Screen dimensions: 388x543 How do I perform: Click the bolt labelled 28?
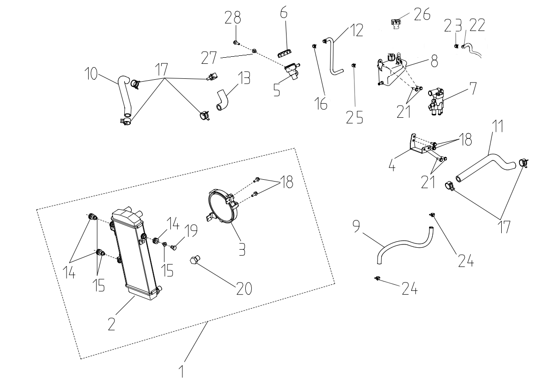[235, 43]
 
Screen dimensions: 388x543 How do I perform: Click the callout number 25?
[355, 116]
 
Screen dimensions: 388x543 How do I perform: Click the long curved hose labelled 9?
[403, 244]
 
